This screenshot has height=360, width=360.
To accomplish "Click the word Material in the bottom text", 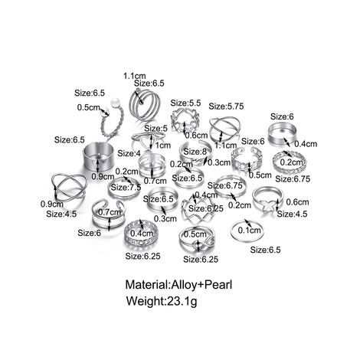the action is pyautogui.click(x=146, y=284).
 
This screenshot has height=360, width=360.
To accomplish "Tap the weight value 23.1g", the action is pyautogui.click(x=182, y=301).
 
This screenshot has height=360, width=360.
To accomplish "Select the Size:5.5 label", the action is pyautogui.click(x=185, y=103).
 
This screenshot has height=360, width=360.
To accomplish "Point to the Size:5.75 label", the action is pyautogui.click(x=226, y=106).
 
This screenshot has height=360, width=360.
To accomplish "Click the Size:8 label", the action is pyautogui.click(x=195, y=152).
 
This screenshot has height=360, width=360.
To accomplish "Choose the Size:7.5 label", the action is pyautogui.click(x=126, y=188).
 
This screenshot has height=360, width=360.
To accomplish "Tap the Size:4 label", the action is pyautogui.click(x=129, y=153).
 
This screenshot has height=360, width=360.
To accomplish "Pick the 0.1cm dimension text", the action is pyautogui.click(x=250, y=231).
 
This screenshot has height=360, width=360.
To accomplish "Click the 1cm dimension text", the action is pyautogui.click(x=163, y=146).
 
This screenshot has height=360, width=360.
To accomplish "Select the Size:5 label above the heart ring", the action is pyautogui.click(x=155, y=128).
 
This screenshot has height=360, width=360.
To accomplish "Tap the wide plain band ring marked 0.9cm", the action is pyautogui.click(x=98, y=156).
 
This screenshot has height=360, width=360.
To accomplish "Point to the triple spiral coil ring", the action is pyautogui.click(x=144, y=105).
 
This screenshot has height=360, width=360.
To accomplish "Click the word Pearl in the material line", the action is pyautogui.click(x=218, y=284).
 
